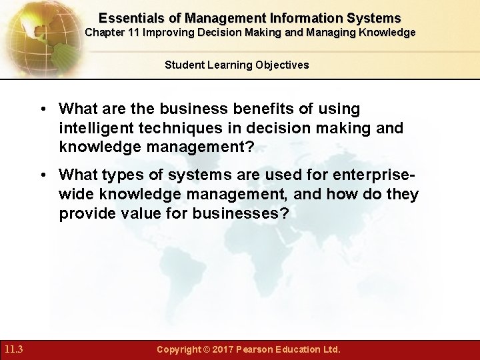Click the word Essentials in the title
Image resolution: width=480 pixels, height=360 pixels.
click(x=125, y=17)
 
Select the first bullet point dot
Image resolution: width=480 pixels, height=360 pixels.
click(x=45, y=108)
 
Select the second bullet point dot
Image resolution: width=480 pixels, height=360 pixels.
click(x=45, y=174)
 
